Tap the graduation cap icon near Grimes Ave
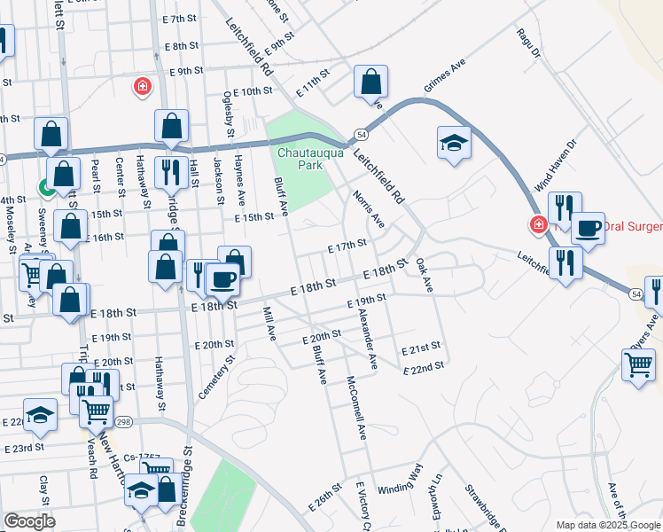click(453, 143)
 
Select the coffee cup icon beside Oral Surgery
click(587, 228)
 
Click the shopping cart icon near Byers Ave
click(638, 364)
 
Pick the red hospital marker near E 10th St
click(141, 86)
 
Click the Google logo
click(29, 521)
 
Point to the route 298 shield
click(123, 421)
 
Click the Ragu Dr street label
click(529, 43)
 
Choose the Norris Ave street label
click(367, 208)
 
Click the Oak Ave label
click(424, 276)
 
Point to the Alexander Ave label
click(367, 340)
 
